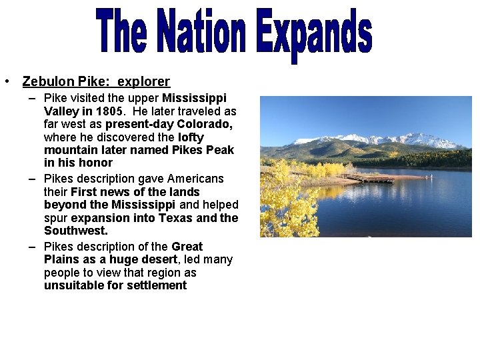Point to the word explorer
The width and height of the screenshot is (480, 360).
(x=144, y=81)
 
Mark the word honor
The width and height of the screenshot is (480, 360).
(x=97, y=163)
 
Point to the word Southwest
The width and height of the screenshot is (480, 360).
(x=75, y=231)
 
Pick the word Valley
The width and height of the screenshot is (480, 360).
(x=61, y=111)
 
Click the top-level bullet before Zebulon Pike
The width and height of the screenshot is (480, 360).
(x=5, y=81)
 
